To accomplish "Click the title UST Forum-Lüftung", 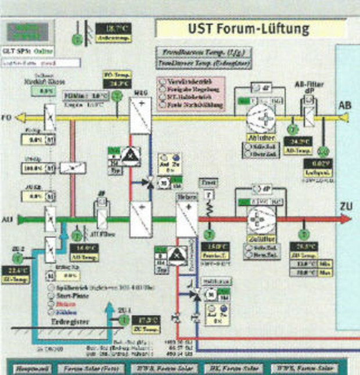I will click(x=248, y=28).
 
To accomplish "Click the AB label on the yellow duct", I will click(x=345, y=105).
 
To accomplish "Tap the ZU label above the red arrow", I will click(x=345, y=207).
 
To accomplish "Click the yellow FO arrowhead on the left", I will click(x=20, y=118).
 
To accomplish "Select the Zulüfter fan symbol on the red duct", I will click(x=258, y=219).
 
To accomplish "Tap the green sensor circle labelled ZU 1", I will click(x=123, y=319).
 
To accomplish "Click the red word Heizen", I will click(x=57, y=303).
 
